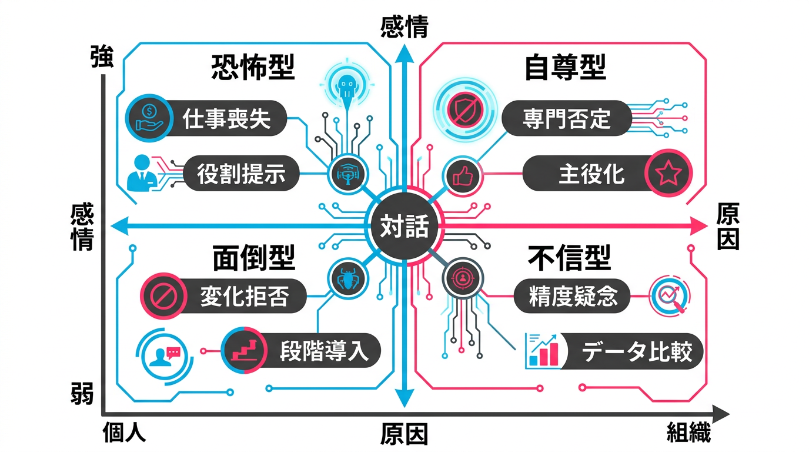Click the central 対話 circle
pyautogui.click(x=404, y=226)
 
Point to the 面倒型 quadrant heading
pyautogui.click(x=253, y=258)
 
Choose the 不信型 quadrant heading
pyautogui.click(x=569, y=258)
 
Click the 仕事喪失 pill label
pyautogui.click(x=226, y=118)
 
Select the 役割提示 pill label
pyautogui.click(x=241, y=174)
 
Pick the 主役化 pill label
pyautogui.click(x=591, y=174)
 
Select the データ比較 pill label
pyautogui.click(x=634, y=351)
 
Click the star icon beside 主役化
pyautogui.click(x=668, y=174)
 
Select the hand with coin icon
pyautogui.click(x=148, y=115)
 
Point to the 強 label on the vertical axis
pyautogui.click(x=101, y=59)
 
